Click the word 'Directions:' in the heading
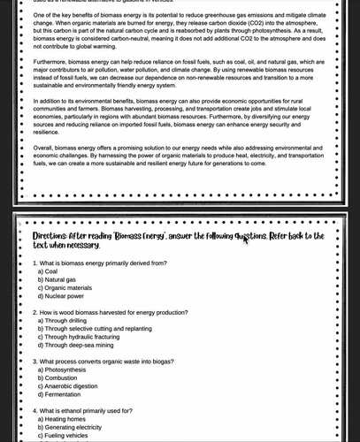click(50, 237)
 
